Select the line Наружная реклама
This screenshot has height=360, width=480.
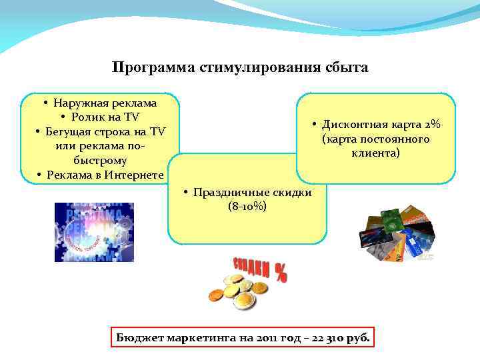[105, 103]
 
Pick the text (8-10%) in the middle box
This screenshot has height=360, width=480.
[247, 207]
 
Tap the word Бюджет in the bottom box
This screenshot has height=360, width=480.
[137, 338]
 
